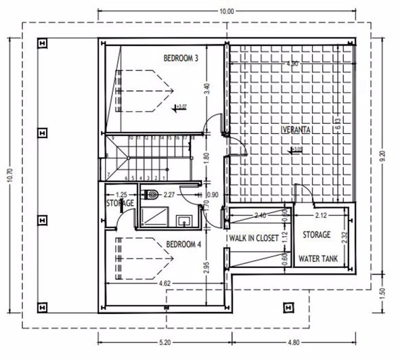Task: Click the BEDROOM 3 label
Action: (181, 58)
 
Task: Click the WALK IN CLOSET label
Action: (254, 238)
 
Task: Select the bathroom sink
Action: (183, 221)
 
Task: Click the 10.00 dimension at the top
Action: (226, 12)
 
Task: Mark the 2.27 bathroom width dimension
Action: (169, 196)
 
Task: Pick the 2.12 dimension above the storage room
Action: (321, 215)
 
